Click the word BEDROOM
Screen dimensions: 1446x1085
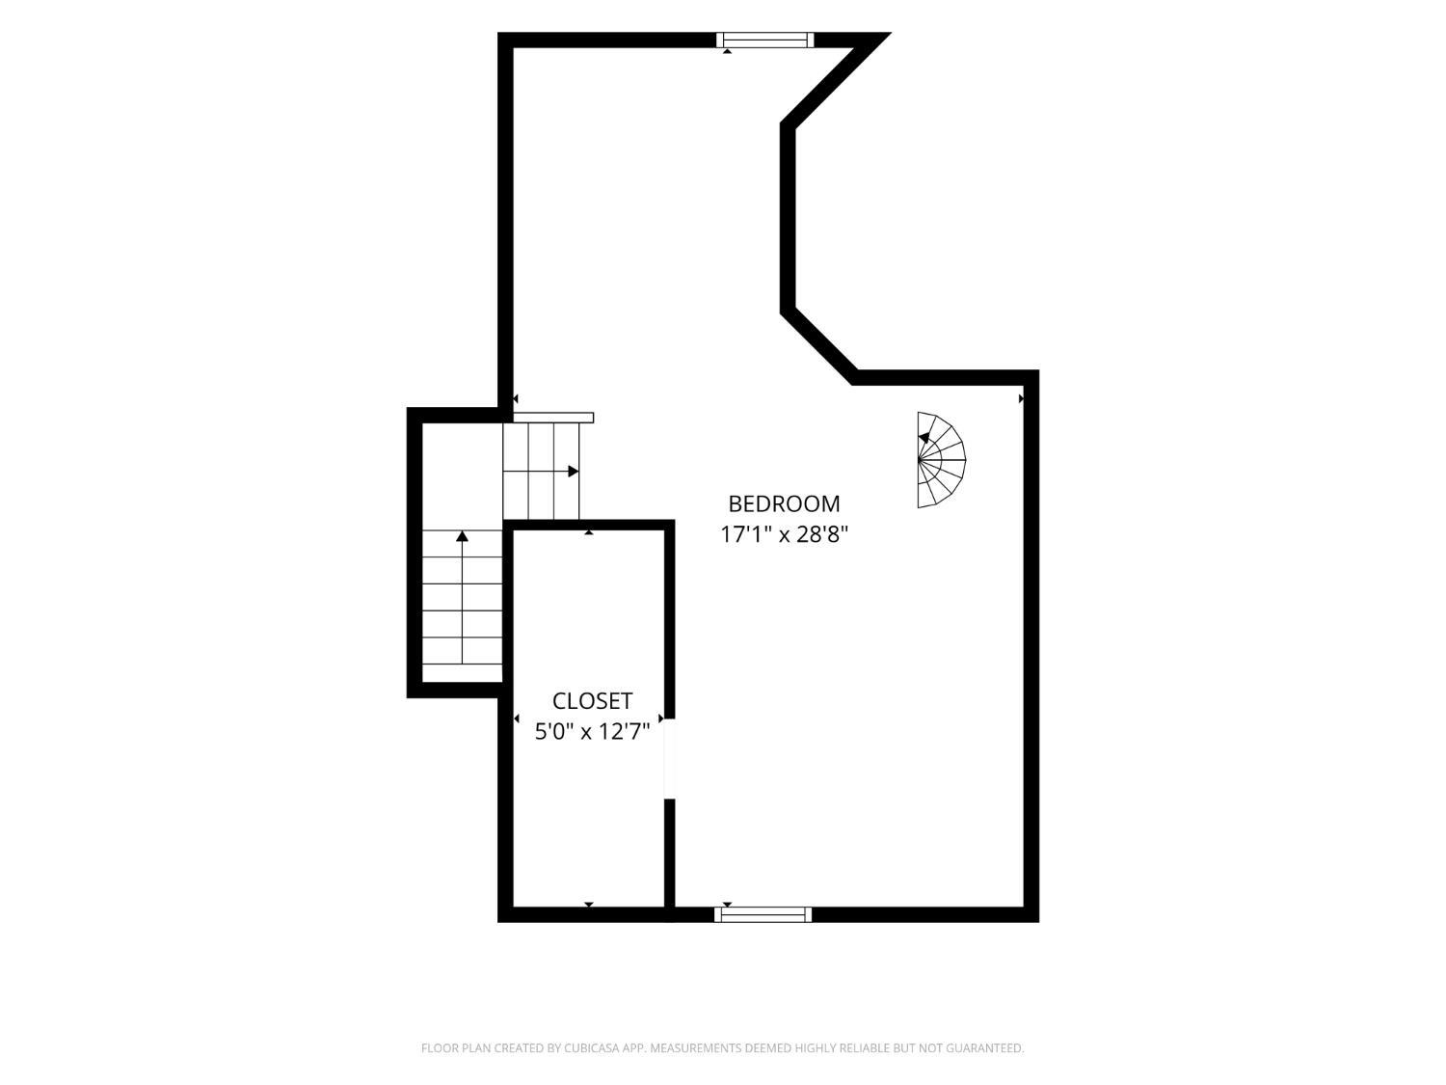tap(784, 504)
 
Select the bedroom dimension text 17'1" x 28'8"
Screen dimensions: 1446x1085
tap(784, 534)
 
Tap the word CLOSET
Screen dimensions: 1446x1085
tap(592, 701)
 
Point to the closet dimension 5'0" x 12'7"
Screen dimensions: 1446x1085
tap(592, 731)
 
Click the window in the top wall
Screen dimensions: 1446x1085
tap(764, 41)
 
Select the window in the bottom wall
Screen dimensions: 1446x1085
tap(763, 914)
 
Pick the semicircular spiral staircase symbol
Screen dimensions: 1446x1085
tap(941, 460)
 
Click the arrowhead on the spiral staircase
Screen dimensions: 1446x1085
tap(924, 438)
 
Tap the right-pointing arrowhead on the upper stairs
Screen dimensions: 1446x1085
tap(574, 471)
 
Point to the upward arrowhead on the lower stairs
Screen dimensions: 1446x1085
tap(462, 536)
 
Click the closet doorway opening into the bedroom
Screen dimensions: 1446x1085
tap(669, 759)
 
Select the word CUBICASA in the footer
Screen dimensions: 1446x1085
tap(591, 1047)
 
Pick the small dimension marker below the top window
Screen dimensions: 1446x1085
tap(727, 51)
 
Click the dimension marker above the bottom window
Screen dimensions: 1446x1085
tap(727, 904)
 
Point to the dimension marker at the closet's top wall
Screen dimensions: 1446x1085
tap(588, 532)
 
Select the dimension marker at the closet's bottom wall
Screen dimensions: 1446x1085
tap(588, 904)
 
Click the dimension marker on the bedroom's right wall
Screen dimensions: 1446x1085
tap(1021, 398)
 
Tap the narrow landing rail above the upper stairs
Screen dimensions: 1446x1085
tap(553, 418)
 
